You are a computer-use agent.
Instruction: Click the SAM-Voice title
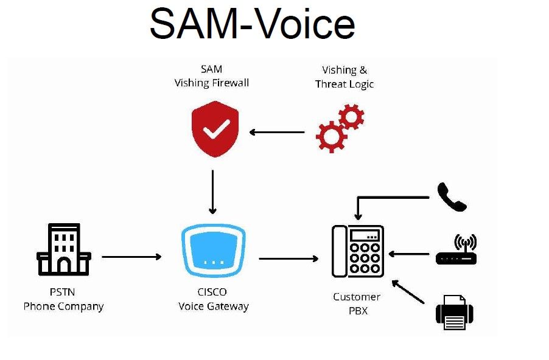click(252, 24)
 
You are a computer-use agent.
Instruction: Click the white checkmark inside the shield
click(216, 128)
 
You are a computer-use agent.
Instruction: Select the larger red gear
click(331, 136)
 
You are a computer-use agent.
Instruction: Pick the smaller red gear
click(351, 116)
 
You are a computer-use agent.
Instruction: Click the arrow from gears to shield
click(278, 132)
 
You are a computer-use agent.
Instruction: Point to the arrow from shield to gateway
click(212, 192)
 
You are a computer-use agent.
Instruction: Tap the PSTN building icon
click(63, 249)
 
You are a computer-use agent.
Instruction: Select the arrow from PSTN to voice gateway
click(131, 257)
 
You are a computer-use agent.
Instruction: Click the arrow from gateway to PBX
click(288, 258)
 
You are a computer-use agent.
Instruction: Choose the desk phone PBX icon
click(358, 251)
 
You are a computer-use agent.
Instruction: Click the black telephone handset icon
click(452, 197)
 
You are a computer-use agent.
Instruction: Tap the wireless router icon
click(456, 251)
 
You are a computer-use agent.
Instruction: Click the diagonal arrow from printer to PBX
click(408, 291)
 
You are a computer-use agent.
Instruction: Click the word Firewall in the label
click(230, 83)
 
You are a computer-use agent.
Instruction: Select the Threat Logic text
click(344, 85)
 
